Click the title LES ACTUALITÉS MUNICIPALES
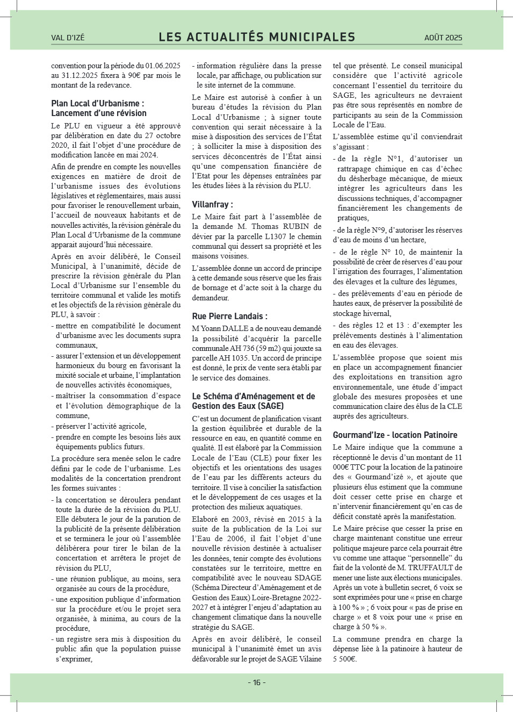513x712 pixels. point(257,37)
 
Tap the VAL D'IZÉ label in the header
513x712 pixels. point(68,38)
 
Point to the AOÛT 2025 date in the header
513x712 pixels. point(443,38)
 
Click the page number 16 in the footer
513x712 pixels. point(257,682)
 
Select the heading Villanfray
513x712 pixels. point(212,204)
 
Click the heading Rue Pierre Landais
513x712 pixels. point(229,316)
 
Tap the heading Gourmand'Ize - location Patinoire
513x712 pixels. point(395,435)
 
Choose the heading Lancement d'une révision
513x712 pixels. point(99,113)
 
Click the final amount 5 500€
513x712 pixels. point(344,659)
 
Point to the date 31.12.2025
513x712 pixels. point(78,75)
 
